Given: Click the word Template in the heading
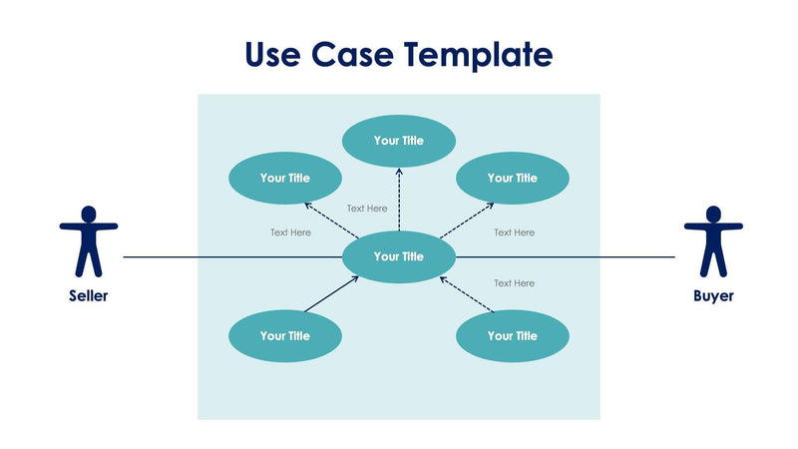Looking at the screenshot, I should pos(477,54).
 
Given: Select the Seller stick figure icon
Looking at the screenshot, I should pos(89,240).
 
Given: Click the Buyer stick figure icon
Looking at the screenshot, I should pos(712,240).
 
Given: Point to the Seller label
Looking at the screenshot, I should pos(89,296).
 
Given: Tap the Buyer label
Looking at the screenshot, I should pos(713,296).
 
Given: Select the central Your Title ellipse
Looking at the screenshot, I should pos(399,256).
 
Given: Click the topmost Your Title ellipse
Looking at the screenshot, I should pos(399,141).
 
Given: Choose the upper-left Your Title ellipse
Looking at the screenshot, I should pos(285,179).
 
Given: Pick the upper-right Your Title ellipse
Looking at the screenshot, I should pos(513,179).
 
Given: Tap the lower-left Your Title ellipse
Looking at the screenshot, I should pos(285,336).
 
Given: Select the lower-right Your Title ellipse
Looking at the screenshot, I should pos(513,336).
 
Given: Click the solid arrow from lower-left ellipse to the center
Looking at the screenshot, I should pos(332,294).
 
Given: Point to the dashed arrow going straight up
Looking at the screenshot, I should pos(399,200).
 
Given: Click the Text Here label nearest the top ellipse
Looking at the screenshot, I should pos(367,209).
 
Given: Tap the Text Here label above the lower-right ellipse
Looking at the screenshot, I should pos(515,283).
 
